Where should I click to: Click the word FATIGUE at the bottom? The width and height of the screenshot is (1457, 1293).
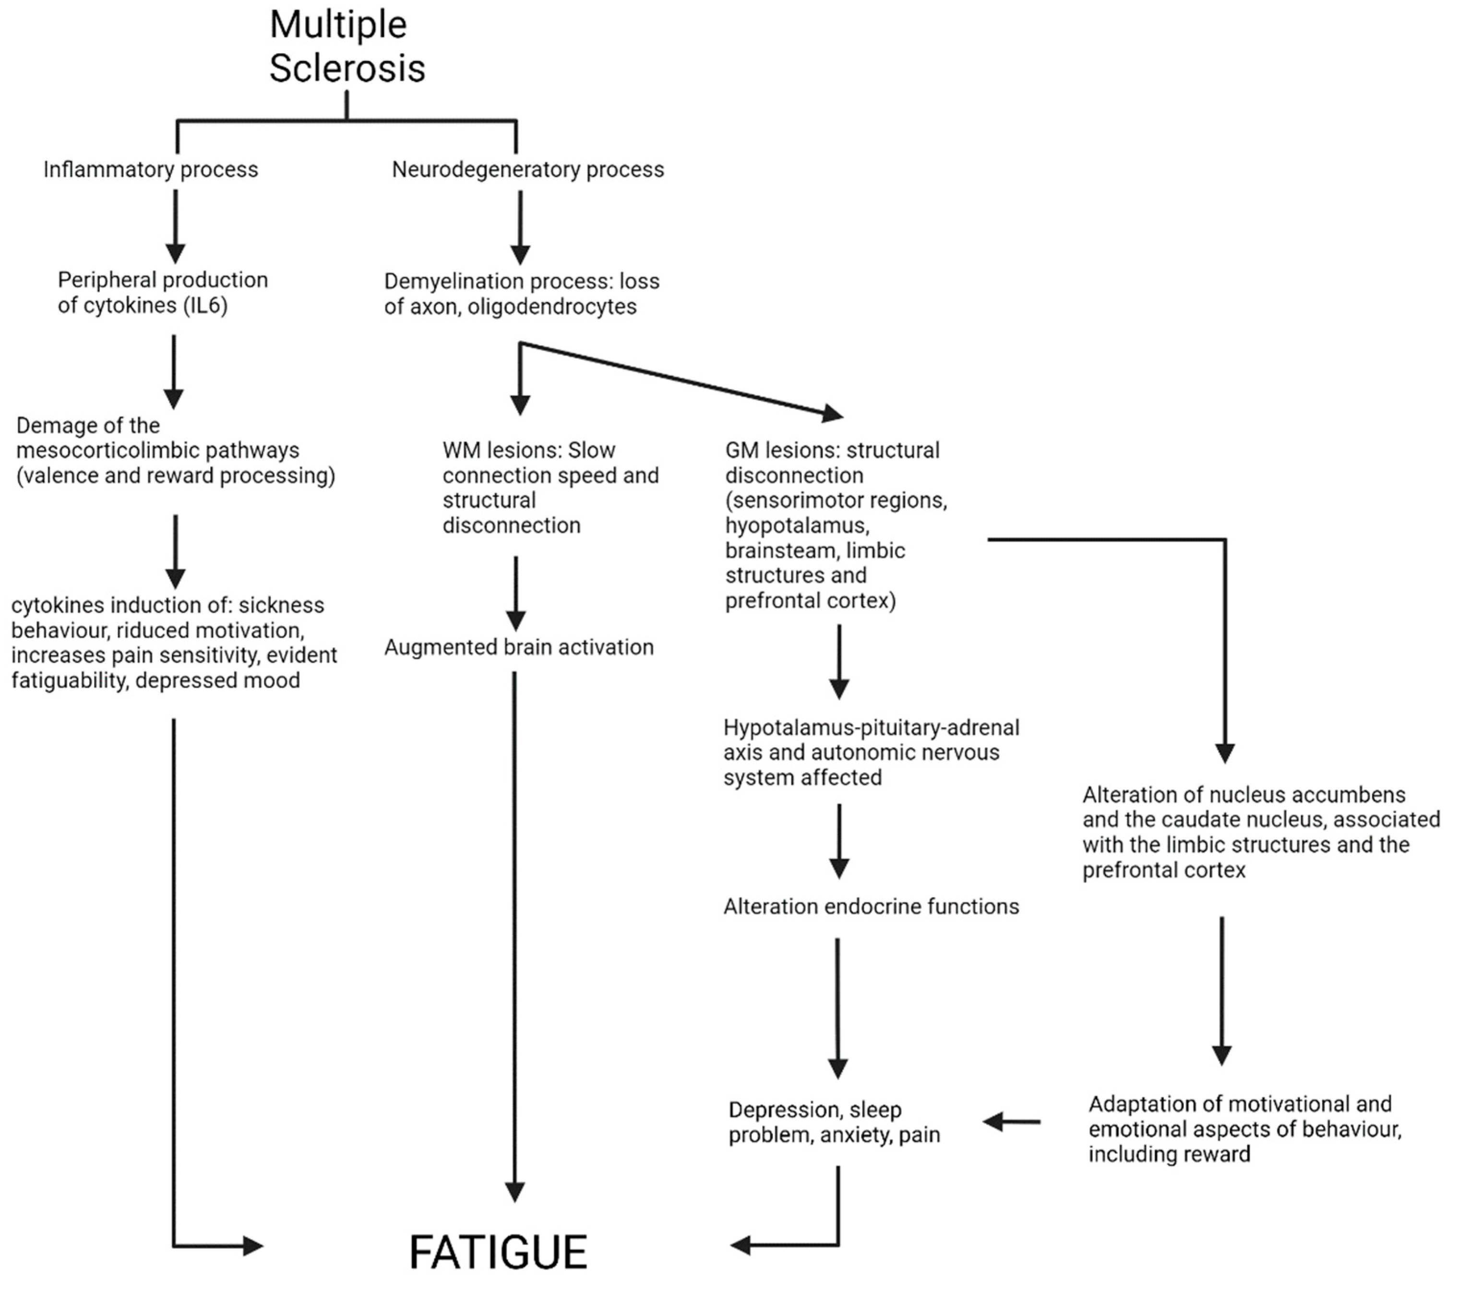click(x=498, y=1252)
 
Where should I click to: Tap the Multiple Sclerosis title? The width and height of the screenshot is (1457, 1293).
click(x=346, y=47)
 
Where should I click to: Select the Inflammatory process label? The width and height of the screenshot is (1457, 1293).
click(x=150, y=169)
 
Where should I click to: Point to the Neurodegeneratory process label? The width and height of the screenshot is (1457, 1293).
click(x=527, y=169)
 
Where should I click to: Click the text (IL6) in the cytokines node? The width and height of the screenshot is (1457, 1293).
click(x=205, y=306)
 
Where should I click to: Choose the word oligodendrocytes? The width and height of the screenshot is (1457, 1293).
click(x=552, y=307)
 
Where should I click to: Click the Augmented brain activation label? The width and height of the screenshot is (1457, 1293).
click(x=519, y=647)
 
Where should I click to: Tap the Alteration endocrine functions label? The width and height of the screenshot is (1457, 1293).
click(x=871, y=907)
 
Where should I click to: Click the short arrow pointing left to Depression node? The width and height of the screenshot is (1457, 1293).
click(x=1012, y=1122)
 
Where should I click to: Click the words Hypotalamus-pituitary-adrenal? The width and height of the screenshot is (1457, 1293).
click(x=871, y=728)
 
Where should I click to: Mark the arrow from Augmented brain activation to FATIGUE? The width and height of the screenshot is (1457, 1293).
click(x=514, y=934)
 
